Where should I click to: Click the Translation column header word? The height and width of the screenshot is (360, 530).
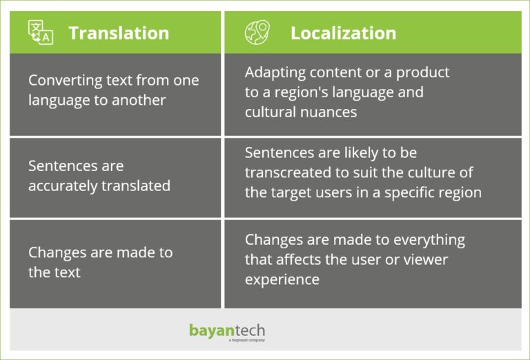(119, 33)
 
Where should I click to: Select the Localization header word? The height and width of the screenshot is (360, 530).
(344, 33)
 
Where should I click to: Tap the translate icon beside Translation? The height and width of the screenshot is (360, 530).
(41, 32)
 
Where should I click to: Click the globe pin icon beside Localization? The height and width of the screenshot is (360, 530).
(257, 32)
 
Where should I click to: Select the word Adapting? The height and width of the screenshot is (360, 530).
(275, 73)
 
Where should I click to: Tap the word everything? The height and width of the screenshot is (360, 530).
(429, 240)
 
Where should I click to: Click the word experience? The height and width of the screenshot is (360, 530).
(282, 280)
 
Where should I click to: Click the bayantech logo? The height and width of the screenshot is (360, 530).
(227, 331)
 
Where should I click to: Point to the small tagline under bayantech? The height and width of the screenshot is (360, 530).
(247, 340)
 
